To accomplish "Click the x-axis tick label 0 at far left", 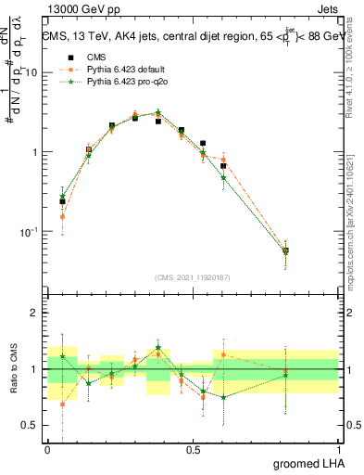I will (47, 450).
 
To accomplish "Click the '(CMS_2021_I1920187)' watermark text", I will (193, 276).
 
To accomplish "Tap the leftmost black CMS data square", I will (62, 201).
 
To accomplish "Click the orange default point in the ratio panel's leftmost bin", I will (62, 404).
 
